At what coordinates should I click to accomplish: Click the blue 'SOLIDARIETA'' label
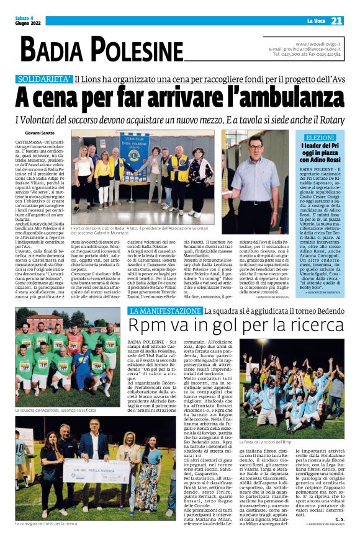43,79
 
